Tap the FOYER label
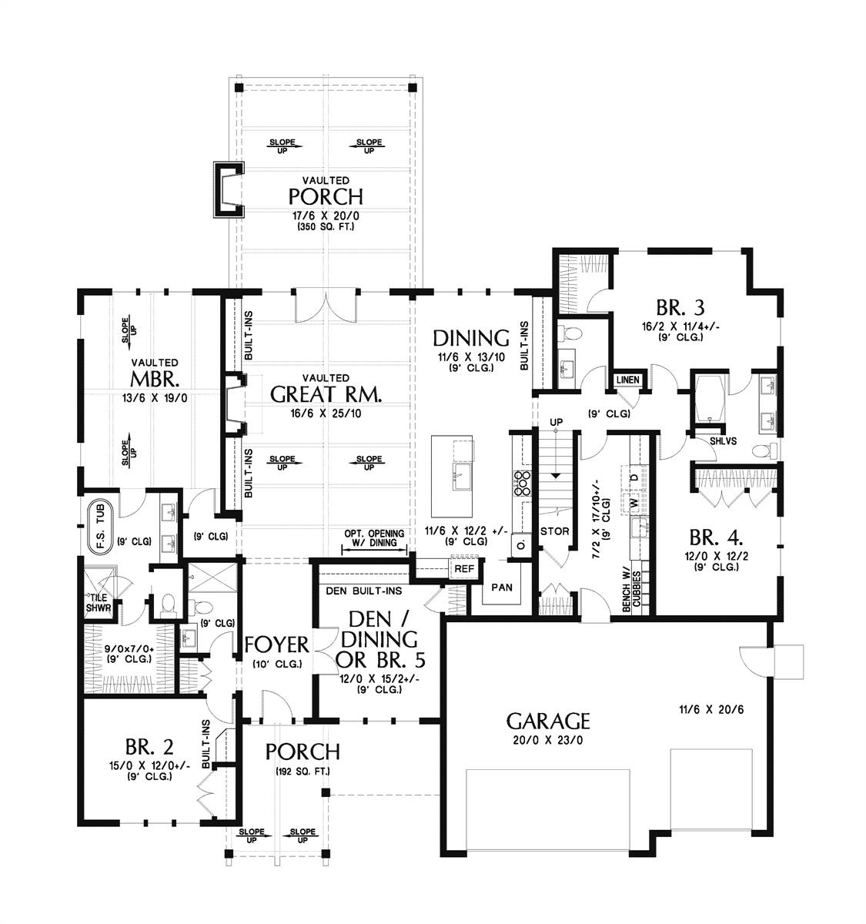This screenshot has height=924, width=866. [x=276, y=644]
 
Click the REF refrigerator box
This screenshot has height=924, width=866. [x=464, y=568]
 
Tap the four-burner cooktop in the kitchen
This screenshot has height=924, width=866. [x=522, y=484]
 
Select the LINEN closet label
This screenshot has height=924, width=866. [x=627, y=380]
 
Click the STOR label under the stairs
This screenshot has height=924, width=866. [x=555, y=531]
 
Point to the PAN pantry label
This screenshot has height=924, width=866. [x=502, y=588]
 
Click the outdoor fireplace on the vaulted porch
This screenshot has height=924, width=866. [x=229, y=189]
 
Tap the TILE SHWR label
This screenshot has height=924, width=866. [x=99, y=603]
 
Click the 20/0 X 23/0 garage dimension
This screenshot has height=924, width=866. [x=548, y=740]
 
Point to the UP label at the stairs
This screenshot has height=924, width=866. [x=556, y=422]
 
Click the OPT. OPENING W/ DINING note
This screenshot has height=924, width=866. [x=374, y=537]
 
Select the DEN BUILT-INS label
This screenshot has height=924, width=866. [x=363, y=591]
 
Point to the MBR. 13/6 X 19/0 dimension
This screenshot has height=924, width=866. [x=155, y=398]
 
